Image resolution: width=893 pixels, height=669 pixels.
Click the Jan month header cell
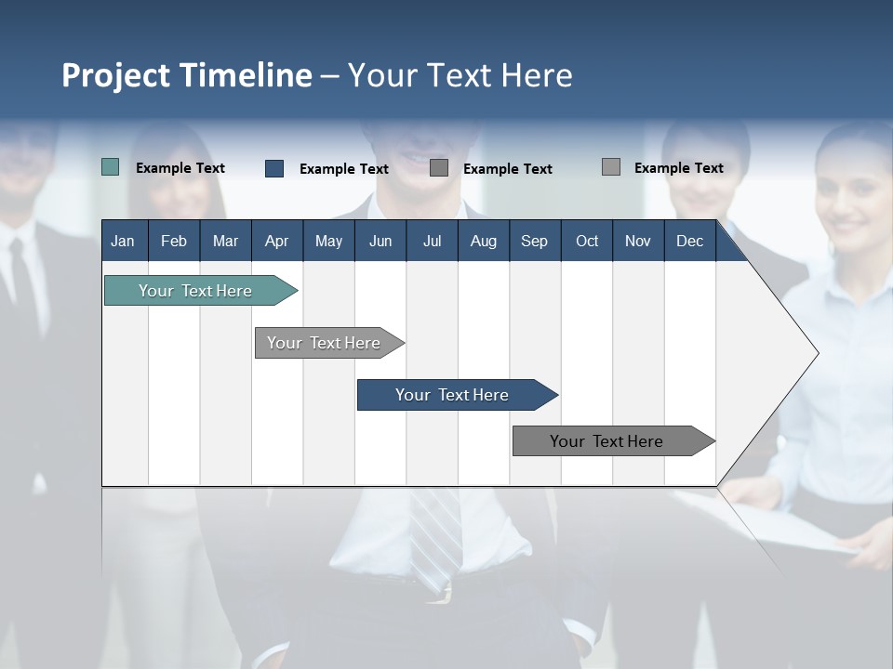click(124, 241)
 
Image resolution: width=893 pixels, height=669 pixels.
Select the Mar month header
click(225, 241)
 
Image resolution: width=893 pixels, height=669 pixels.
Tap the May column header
click(328, 241)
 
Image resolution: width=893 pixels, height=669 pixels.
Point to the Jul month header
click(432, 241)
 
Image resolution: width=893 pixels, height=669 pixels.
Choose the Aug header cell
click(483, 241)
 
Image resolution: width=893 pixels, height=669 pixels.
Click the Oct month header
click(586, 241)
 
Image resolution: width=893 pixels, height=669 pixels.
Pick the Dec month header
click(689, 241)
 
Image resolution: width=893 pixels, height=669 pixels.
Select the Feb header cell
click(174, 241)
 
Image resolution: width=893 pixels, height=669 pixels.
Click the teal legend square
click(110, 167)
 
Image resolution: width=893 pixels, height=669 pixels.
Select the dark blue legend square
click(273, 168)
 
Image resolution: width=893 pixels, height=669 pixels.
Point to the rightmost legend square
click(610, 167)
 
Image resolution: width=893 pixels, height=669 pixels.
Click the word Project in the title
click(115, 75)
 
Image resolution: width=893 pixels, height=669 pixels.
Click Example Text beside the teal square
click(180, 168)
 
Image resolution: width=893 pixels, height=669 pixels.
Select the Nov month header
click(637, 241)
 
